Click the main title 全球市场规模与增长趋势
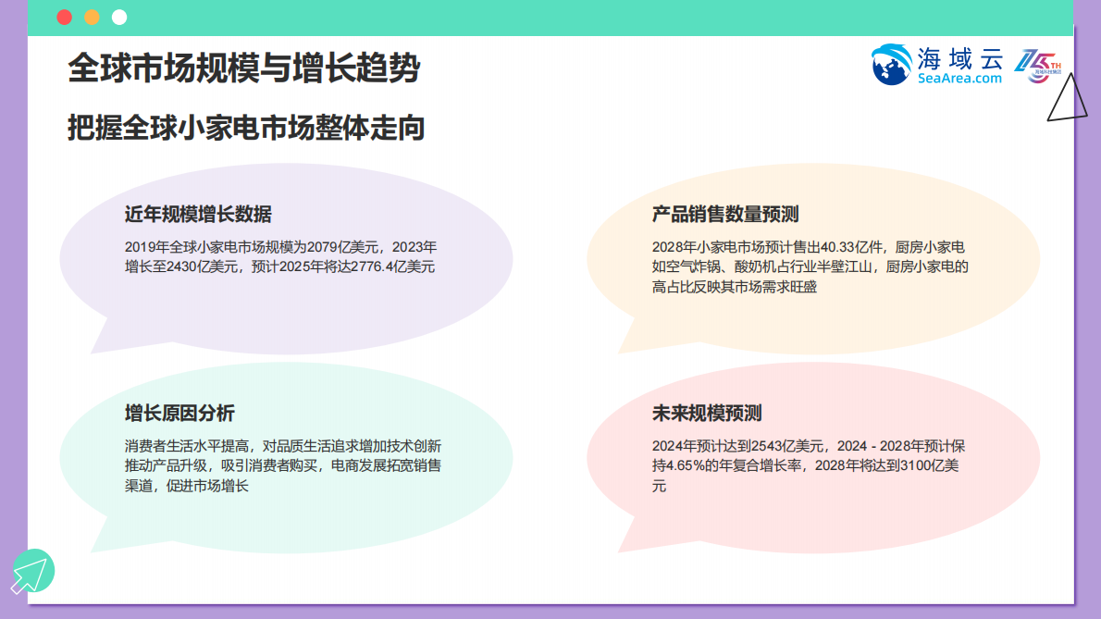click(x=244, y=68)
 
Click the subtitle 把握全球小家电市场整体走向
click(x=246, y=128)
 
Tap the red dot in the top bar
click(x=64, y=18)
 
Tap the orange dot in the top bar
click(x=92, y=18)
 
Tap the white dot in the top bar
click(x=119, y=18)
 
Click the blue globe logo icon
click(x=892, y=65)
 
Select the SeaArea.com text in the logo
click(x=960, y=79)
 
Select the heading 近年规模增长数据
click(x=198, y=215)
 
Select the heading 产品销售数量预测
click(x=725, y=215)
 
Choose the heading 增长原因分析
click(x=179, y=414)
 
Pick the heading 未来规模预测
click(x=707, y=414)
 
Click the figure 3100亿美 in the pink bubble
click(x=934, y=465)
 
